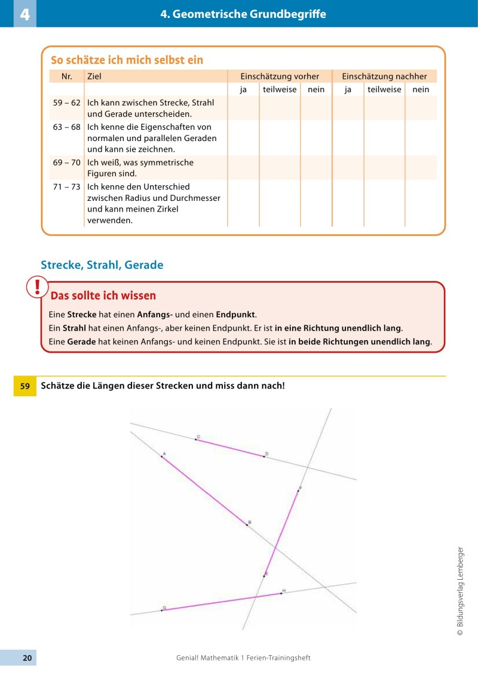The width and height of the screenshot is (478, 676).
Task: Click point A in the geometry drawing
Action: point(162,456)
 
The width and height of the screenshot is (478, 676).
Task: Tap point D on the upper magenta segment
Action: point(263,457)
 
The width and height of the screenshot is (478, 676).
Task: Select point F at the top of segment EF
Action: point(298,491)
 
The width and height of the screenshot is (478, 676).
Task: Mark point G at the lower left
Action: point(161,610)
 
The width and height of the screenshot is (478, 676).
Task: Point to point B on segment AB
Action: point(247,525)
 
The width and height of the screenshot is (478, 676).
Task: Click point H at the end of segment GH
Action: point(281,594)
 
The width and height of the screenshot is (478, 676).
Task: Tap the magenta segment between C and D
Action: point(230,448)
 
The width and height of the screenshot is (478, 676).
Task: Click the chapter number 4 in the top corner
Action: point(24,14)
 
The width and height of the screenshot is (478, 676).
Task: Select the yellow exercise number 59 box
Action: point(25,386)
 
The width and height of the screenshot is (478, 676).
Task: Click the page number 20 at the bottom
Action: point(27,657)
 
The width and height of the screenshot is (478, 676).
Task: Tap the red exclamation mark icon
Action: point(38,287)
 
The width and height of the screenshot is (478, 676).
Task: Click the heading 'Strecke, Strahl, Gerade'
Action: point(102,265)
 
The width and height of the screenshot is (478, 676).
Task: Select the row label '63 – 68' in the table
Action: point(66,127)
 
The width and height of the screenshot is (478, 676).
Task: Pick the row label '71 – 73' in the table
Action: point(66,186)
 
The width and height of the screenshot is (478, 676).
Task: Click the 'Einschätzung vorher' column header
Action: point(280,77)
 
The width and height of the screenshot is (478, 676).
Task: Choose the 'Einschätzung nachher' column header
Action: point(384,77)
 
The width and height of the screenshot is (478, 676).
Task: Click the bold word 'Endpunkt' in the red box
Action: point(235,314)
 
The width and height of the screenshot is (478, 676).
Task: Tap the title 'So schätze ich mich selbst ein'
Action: point(127,60)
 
